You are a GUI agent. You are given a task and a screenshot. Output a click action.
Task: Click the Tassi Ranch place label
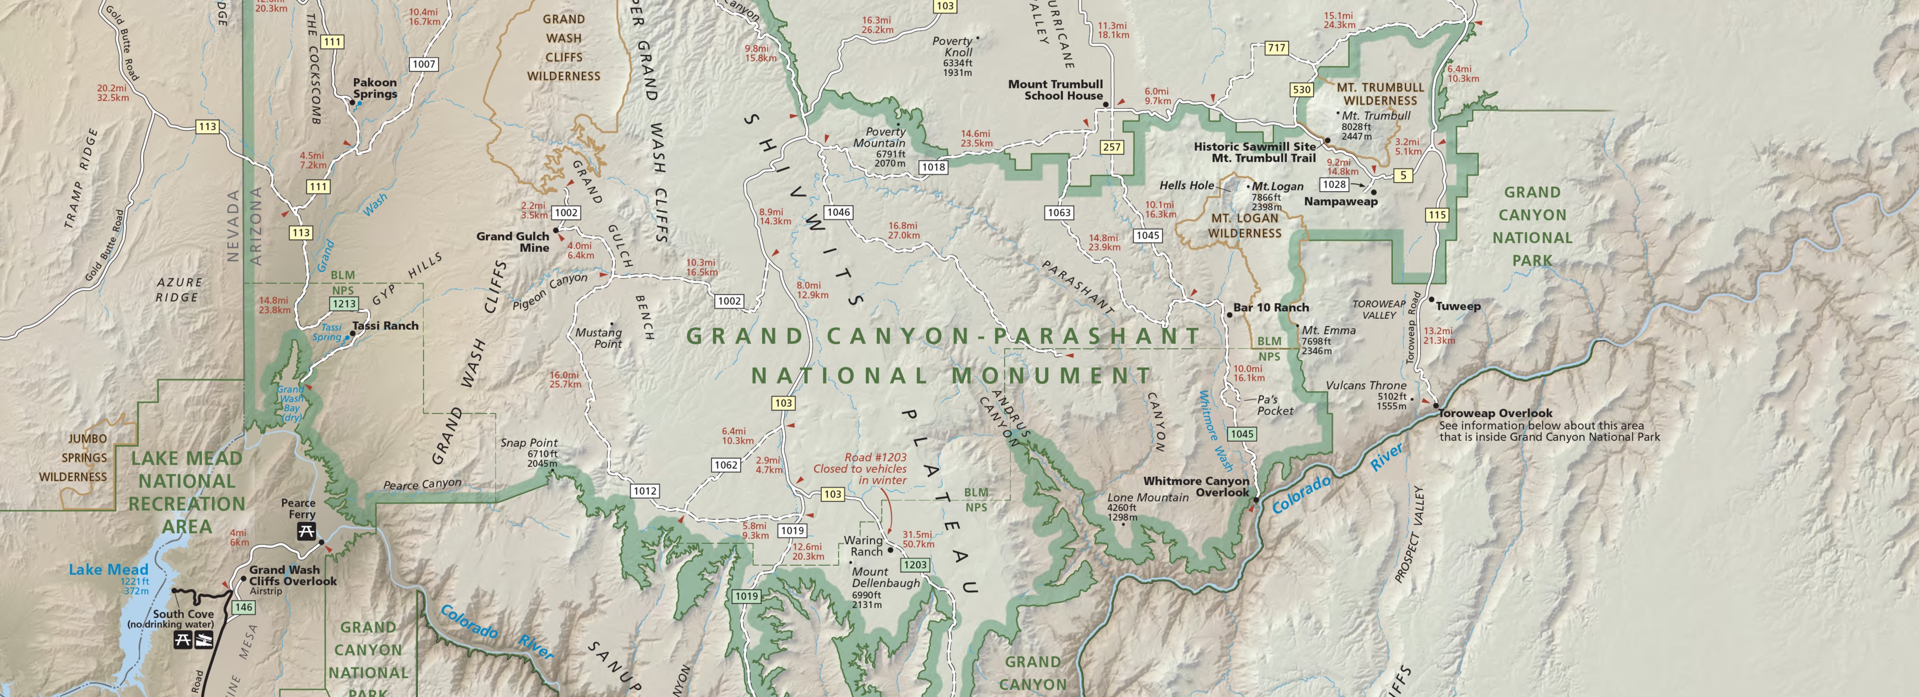click(385, 326)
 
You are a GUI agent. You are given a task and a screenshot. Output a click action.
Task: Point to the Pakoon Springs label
click(375, 88)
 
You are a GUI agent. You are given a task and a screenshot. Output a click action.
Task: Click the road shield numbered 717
click(1276, 48)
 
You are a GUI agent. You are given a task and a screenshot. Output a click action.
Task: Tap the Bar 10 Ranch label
click(1271, 307)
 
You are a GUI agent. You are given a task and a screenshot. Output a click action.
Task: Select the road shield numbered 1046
click(838, 212)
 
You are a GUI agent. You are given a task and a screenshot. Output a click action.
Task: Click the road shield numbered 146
click(243, 608)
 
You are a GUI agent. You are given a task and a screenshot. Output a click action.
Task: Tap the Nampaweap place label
click(1340, 201)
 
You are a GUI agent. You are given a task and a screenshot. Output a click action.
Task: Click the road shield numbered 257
click(1111, 147)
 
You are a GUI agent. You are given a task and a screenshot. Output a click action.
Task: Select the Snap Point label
click(529, 443)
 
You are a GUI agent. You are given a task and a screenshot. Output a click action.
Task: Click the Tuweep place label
click(1458, 307)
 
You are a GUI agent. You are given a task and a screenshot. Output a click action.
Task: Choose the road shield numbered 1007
click(424, 64)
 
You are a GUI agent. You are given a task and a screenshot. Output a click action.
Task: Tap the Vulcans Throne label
click(1366, 385)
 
